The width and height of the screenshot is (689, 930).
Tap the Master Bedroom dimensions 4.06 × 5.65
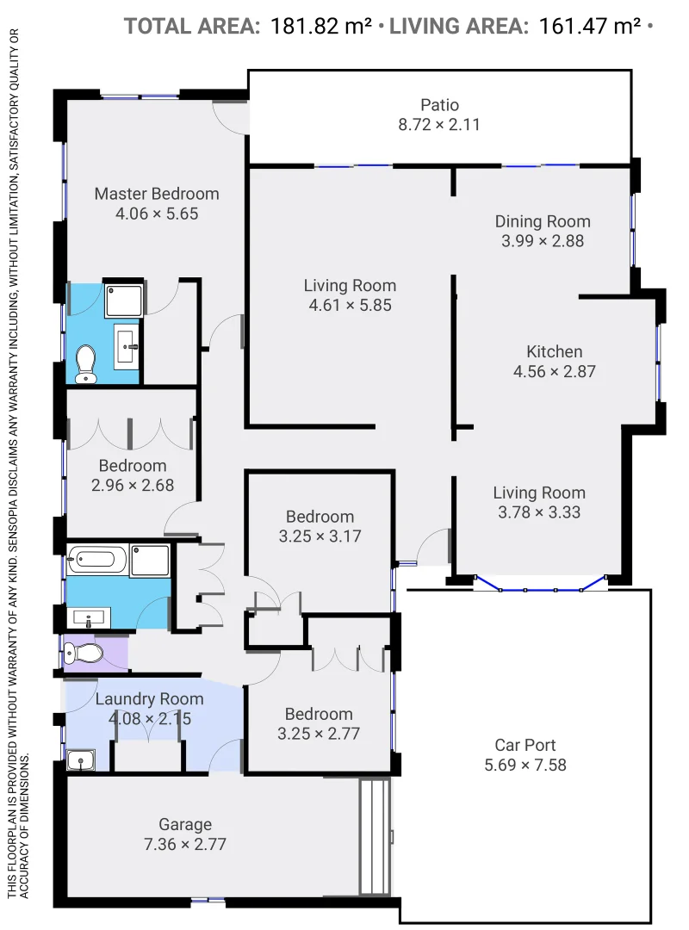pos(157,214)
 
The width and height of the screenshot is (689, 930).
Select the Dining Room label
pos(543,221)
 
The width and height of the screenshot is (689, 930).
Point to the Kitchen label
pos(555,351)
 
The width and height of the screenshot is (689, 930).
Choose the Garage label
pos(185,824)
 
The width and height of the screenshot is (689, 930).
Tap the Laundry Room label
pos(149,698)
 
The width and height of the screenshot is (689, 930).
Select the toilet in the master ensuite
pos(86,363)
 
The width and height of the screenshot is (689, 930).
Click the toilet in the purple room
pos(87,653)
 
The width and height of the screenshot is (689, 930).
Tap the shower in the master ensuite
pos(124,301)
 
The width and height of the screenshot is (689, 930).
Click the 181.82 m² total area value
pos(321,26)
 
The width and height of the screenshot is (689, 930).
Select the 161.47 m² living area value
pos(589,26)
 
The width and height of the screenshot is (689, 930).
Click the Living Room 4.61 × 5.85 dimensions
pos(350,306)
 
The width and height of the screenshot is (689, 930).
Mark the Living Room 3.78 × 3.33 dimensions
pos(539,512)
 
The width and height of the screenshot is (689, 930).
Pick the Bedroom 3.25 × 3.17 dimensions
pos(320,536)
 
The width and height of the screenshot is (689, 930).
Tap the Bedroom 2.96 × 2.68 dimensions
pos(133,485)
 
